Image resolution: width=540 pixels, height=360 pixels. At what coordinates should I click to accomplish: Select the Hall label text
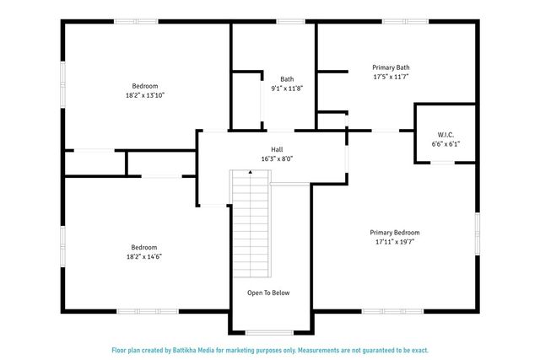click(x=276, y=148)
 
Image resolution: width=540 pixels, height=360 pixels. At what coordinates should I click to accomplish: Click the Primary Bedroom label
click(x=394, y=232)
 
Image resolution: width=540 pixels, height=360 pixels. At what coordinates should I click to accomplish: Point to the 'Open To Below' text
click(x=268, y=293)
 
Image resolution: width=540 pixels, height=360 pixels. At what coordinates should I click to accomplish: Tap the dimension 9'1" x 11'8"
click(x=288, y=88)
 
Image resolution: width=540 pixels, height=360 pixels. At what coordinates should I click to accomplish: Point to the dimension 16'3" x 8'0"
click(x=276, y=159)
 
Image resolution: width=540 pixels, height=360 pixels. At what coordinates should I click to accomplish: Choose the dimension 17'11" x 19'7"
click(x=394, y=241)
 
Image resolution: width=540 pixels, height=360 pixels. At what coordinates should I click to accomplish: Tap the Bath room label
click(x=288, y=78)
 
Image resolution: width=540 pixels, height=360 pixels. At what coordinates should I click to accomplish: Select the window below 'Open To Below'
click(x=269, y=331)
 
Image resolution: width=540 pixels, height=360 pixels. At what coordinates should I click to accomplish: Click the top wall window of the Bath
click(x=290, y=21)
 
